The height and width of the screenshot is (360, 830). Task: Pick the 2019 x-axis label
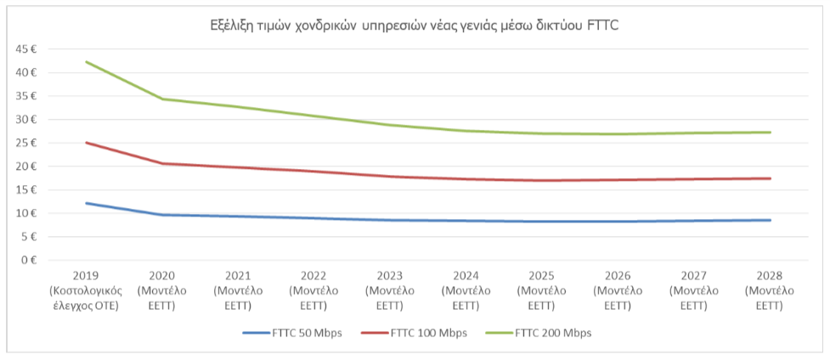(86, 289)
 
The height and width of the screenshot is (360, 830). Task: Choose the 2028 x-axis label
(770, 289)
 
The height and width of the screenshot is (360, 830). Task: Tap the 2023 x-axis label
(390, 289)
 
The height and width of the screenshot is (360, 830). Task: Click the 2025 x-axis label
(542, 289)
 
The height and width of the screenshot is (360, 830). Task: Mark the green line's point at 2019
(86, 62)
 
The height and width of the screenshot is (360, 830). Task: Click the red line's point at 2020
(162, 163)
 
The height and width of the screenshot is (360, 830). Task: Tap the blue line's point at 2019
(86, 203)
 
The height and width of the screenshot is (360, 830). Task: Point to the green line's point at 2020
(162, 98)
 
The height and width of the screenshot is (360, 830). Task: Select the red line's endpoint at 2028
(770, 178)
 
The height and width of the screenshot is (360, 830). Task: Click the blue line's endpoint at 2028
(770, 220)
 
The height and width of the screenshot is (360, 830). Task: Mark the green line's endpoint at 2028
(770, 132)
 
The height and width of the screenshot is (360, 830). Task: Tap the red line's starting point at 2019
(86, 143)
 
